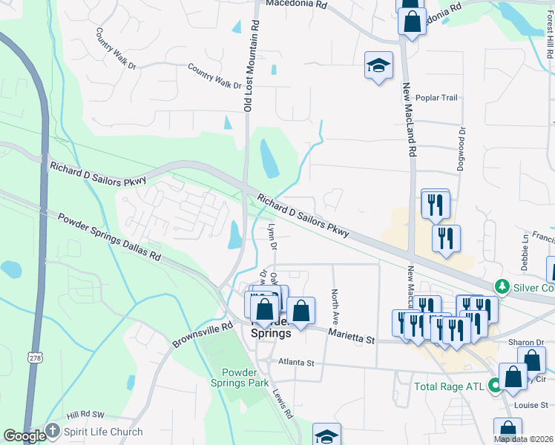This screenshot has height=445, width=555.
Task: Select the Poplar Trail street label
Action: pyautogui.click(x=437, y=98)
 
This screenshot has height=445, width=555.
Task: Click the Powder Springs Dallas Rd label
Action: pyautogui.click(x=109, y=236)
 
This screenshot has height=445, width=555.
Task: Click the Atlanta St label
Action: pyautogui.click(x=297, y=363)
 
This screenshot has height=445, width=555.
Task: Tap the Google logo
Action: pyautogui.click(x=24, y=436)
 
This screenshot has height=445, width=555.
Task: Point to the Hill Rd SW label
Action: pyautogui.click(x=85, y=415)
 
